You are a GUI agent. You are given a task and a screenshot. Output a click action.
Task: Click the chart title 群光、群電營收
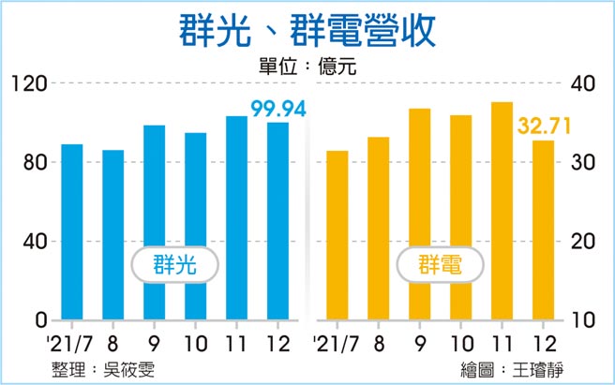point(307,31)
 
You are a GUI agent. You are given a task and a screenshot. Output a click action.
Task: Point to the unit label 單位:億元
point(307,67)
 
